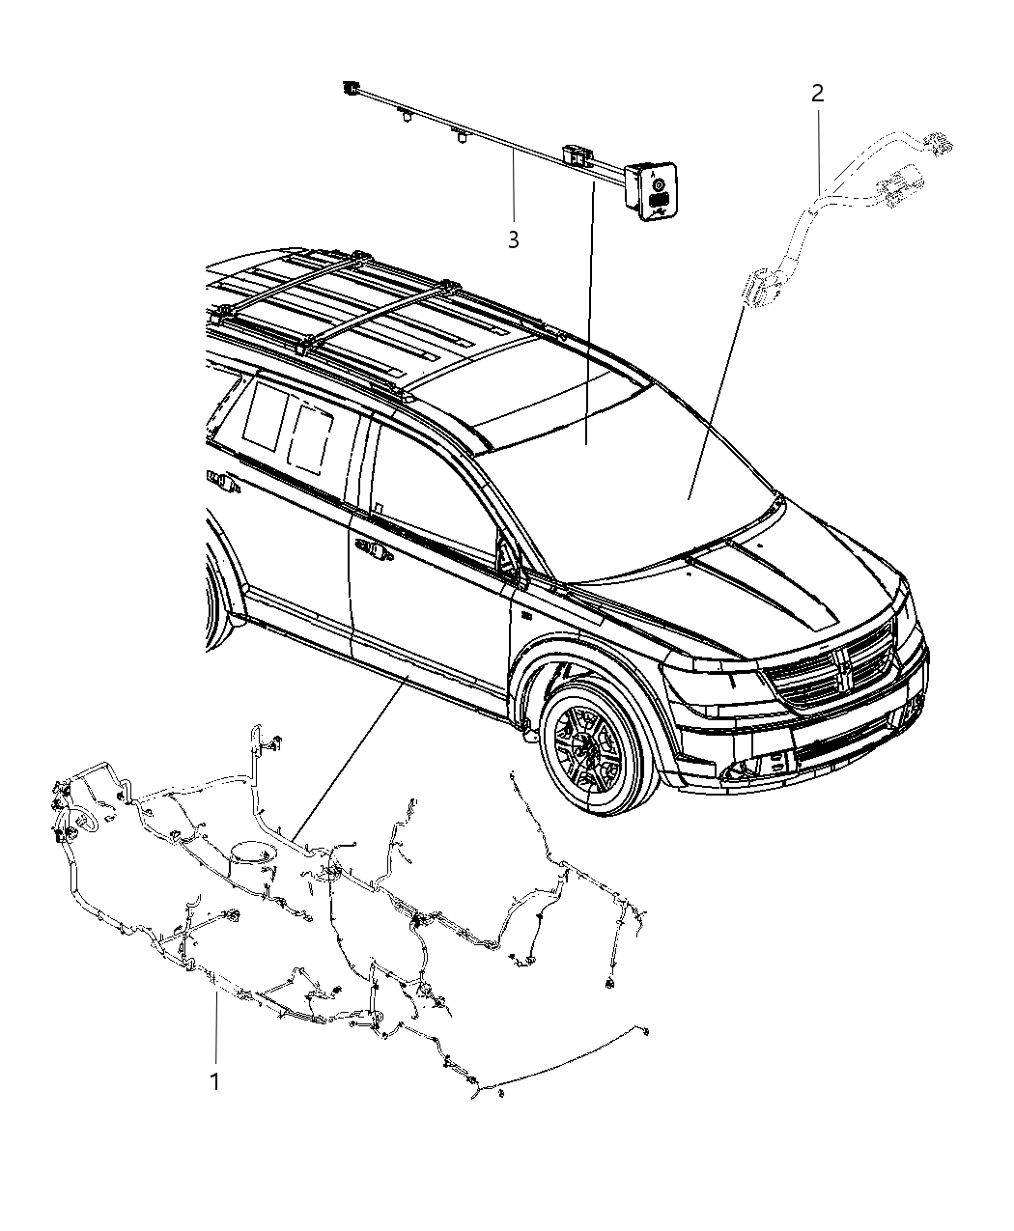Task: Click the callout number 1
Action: click(214, 1081)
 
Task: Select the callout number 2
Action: click(817, 94)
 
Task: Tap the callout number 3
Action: click(513, 239)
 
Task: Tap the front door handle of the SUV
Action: click(374, 551)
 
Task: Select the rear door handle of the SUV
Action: click(219, 480)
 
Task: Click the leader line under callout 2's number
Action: click(819, 145)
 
